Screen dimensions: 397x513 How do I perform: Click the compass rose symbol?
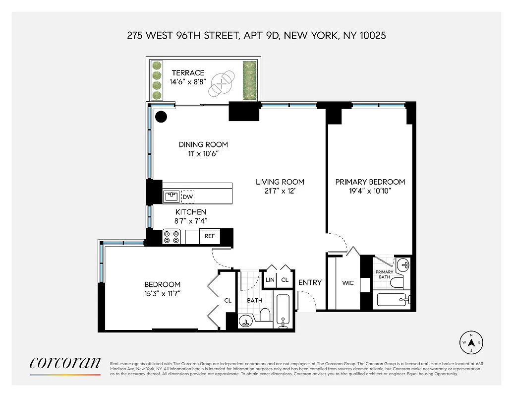coord(472,342)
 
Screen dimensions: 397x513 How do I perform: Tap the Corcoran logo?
coord(65,363)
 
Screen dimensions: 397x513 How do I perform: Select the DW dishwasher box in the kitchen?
coord(187,197)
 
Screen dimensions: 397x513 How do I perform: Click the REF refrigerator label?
coord(210,236)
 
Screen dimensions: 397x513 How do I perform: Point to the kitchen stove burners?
coord(171,237)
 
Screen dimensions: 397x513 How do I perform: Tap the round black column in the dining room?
coord(161,117)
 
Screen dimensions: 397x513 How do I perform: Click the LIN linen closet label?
coord(270,280)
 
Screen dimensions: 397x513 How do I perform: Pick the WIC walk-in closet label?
coord(347,283)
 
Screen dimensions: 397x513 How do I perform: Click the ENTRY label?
coord(310,282)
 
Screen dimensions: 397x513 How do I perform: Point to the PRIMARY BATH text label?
coord(384,275)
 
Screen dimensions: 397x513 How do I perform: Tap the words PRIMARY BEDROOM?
coord(370,182)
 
